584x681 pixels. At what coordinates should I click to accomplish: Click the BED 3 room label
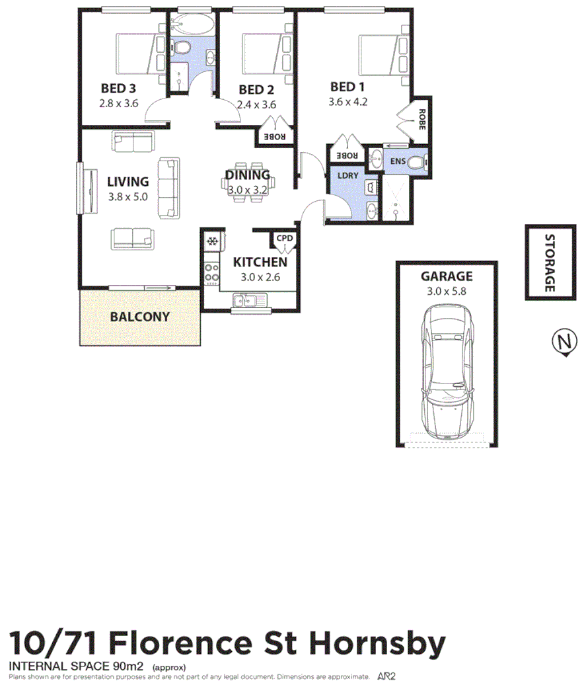click(x=118, y=89)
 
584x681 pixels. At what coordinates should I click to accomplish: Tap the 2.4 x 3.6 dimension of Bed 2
click(x=256, y=104)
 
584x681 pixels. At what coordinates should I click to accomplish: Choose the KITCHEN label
click(x=260, y=262)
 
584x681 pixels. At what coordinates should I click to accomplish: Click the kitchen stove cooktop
click(x=212, y=273)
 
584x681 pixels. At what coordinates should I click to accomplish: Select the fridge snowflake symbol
click(x=213, y=241)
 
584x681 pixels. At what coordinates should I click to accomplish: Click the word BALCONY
click(x=139, y=317)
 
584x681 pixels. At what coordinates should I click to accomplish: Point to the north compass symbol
click(x=562, y=342)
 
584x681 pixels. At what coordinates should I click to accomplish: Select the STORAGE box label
click(x=550, y=263)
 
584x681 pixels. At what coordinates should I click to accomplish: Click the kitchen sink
click(x=249, y=302)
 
